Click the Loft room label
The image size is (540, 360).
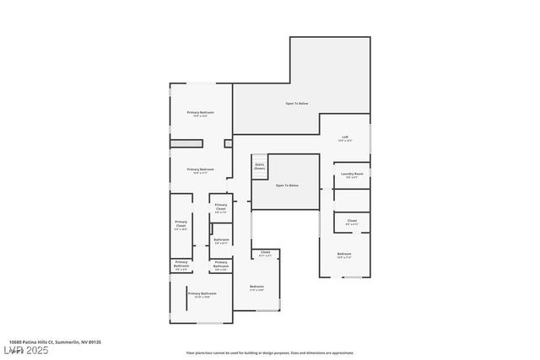(x=345, y=138)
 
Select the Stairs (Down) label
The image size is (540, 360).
(x=259, y=167)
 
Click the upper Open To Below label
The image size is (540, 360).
(x=296, y=104)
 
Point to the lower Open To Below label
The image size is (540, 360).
(x=287, y=185)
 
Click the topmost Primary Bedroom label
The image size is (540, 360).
(x=200, y=114)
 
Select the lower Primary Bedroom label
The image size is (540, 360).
(x=200, y=170)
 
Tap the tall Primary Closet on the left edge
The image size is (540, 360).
(x=181, y=225)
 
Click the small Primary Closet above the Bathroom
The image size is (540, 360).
(x=220, y=207)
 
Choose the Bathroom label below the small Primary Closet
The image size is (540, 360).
(x=221, y=241)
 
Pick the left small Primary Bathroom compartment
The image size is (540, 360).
(x=181, y=265)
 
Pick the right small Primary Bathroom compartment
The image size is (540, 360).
(x=220, y=265)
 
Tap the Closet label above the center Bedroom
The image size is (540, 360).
(x=265, y=253)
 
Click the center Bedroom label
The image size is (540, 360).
(x=256, y=288)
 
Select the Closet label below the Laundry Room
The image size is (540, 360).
(x=352, y=223)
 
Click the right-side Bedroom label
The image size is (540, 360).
(x=344, y=255)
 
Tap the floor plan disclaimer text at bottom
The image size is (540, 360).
(x=270, y=352)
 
